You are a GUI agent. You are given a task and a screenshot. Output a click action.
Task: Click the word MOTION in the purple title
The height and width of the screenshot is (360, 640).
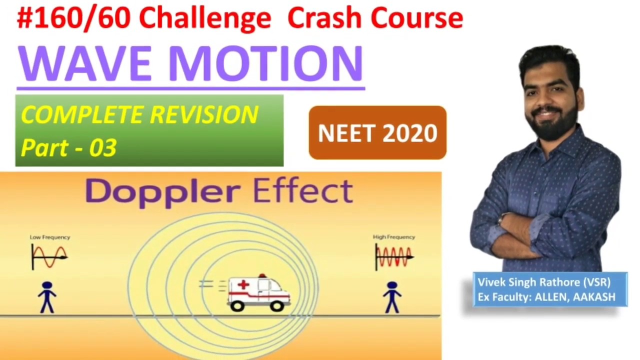tap(265, 63)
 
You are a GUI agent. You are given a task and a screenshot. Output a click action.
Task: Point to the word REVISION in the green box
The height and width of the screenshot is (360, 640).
tap(204, 115)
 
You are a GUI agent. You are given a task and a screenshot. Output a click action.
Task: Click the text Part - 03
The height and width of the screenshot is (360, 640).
tap(69, 148)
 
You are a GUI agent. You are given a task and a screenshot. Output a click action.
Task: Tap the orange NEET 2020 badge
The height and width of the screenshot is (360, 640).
tap(377, 133)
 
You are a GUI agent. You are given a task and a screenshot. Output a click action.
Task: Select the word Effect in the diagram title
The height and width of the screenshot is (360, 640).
tap(303, 191)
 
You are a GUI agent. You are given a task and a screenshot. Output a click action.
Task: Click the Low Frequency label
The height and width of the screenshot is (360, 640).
tap(50, 237)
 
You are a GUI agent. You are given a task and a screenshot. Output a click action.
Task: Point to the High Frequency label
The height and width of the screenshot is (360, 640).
tap(394, 237)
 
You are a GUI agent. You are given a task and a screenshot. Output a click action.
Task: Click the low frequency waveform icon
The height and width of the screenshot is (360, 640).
tap(49, 256)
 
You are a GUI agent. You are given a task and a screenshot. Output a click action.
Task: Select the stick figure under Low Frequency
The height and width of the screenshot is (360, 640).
tap(47, 297)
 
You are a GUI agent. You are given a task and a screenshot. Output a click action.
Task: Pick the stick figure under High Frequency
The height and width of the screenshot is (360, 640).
tap(392, 297)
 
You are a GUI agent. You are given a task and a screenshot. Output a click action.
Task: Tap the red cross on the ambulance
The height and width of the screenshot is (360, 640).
tap(243, 285)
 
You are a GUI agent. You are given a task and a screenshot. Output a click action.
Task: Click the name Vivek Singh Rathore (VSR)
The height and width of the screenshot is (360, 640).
tap(544, 282)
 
